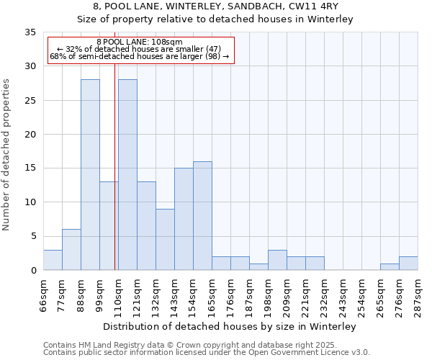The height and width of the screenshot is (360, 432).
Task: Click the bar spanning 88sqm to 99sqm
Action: tap(90, 175)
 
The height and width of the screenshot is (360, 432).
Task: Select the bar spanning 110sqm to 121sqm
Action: tap(127, 175)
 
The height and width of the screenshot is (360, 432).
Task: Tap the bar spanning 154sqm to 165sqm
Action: tap(202, 216)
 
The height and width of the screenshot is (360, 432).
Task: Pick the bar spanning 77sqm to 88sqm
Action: tap(71, 250)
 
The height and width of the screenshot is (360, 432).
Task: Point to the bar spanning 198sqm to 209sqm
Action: tap(277, 260)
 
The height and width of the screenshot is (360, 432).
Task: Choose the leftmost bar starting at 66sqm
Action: tap(53, 260)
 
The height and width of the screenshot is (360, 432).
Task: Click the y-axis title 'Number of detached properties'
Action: tap(6, 155)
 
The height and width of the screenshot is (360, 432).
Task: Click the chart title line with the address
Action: tap(215, 6)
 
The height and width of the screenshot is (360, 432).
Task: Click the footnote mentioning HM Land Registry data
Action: tap(190, 345)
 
